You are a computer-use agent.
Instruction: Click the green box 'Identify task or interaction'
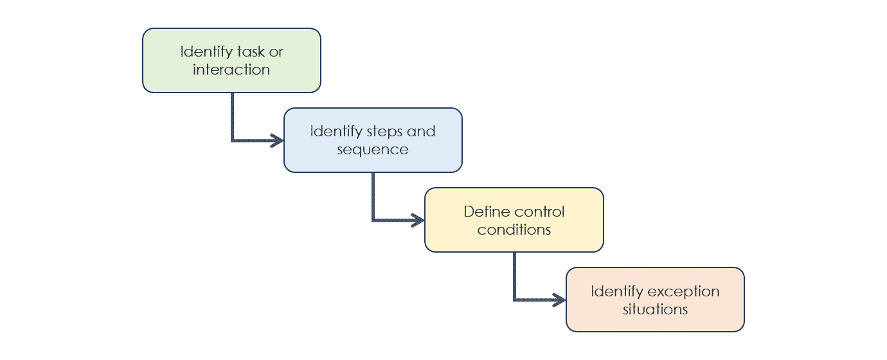click(231, 60)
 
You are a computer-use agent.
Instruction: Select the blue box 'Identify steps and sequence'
click(373, 140)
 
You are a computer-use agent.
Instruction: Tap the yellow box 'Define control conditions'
click(514, 220)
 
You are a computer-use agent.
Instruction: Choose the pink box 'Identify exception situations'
click(656, 300)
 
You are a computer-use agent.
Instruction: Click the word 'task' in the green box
click(251, 51)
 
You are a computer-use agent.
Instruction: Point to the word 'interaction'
click(231, 69)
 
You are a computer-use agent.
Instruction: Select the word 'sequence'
click(373, 150)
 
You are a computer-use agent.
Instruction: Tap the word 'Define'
click(487, 212)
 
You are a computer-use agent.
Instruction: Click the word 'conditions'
click(514, 230)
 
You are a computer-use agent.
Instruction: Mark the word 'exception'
click(684, 292)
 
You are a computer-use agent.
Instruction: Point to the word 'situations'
click(656, 309)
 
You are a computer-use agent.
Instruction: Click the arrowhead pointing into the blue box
click(277, 140)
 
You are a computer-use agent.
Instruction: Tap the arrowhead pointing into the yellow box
click(418, 221)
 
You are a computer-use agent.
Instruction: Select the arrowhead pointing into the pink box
click(560, 300)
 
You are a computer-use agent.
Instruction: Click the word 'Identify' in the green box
click(206, 52)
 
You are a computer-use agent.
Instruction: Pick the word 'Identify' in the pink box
click(617, 292)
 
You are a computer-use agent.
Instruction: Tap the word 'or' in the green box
click(276, 53)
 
